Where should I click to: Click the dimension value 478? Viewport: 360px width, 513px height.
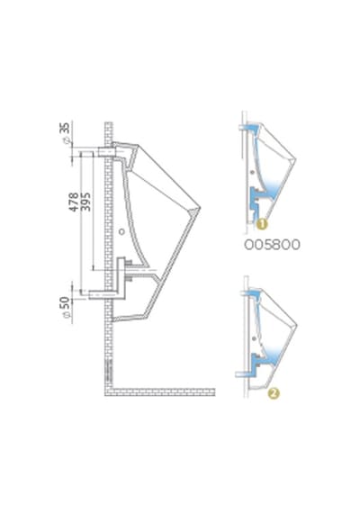point(74,202)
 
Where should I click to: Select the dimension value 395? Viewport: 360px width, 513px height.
point(85,202)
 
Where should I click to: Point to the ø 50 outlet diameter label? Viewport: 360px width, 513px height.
point(66,307)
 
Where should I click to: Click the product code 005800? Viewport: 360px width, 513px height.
point(272,245)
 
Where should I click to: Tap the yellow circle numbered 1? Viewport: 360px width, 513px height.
point(262,224)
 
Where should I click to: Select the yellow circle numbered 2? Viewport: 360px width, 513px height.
point(274,393)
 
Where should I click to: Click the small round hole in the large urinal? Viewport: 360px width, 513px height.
point(121,231)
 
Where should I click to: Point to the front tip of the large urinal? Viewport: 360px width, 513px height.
point(200,208)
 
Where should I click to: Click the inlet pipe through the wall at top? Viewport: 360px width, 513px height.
point(106,152)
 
